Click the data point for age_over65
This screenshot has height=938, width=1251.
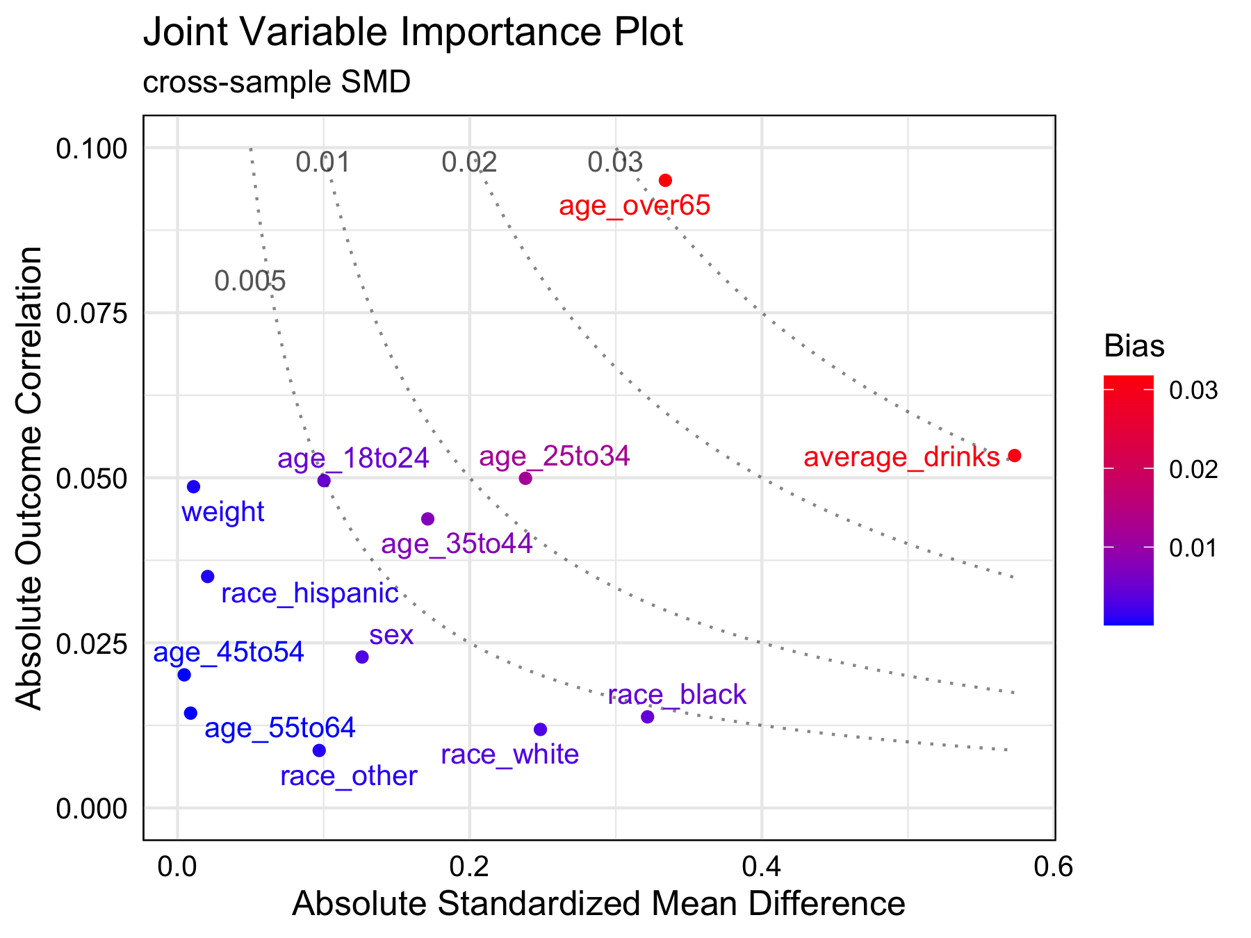[x=665, y=181]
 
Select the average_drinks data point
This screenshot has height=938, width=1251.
[x=1014, y=456]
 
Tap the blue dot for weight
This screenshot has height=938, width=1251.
[x=193, y=486]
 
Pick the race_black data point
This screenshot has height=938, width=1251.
[x=647, y=716]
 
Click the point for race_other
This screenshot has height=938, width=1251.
[x=319, y=750]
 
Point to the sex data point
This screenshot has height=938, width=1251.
[x=362, y=657]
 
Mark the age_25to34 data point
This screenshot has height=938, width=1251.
[x=525, y=478]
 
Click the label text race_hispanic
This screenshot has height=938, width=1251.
[x=310, y=593]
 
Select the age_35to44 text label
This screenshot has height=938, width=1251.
[x=457, y=543]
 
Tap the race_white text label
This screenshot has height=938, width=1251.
[x=509, y=755]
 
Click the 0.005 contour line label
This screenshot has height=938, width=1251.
[x=250, y=281]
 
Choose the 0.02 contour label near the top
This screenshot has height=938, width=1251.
[x=470, y=163]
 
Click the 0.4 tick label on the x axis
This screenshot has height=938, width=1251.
[x=762, y=866]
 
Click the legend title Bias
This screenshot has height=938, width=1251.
[x=1134, y=346]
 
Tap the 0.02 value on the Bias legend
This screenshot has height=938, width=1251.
[x=1193, y=470]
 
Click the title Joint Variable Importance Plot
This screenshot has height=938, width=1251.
[x=413, y=33]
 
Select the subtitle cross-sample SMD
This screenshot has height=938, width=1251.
[x=277, y=83]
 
